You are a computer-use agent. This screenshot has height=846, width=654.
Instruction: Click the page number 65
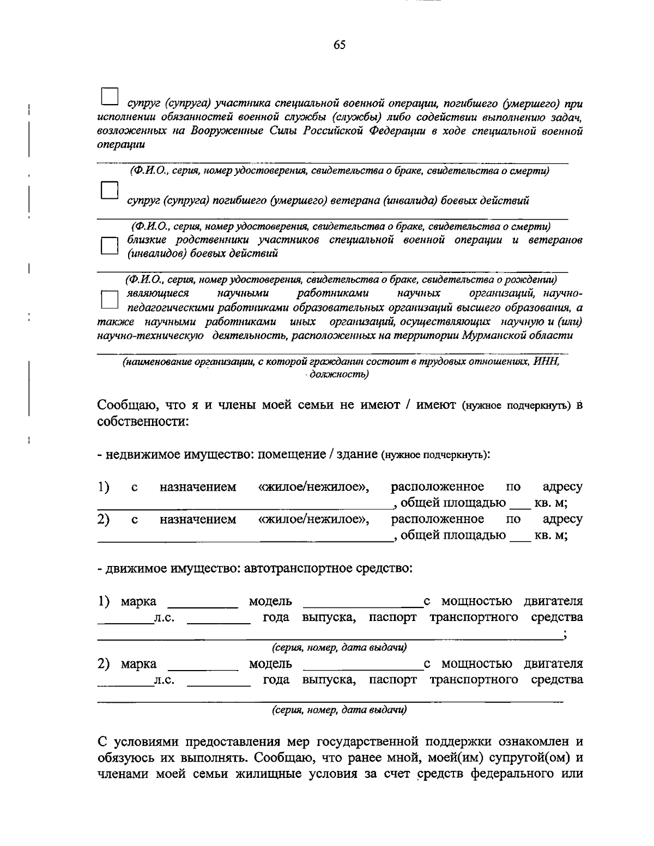coord(339,45)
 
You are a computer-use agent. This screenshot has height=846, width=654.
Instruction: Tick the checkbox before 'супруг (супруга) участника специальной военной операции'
coord(110,96)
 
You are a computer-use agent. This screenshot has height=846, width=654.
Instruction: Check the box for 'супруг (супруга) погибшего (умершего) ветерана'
coord(110,191)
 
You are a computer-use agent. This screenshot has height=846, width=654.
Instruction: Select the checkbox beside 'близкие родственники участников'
coord(110,246)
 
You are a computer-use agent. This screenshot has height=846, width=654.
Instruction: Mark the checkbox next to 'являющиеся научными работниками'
coord(110,299)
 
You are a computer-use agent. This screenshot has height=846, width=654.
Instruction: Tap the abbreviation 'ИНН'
coord(548,362)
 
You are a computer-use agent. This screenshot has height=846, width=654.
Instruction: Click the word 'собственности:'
coord(143,422)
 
